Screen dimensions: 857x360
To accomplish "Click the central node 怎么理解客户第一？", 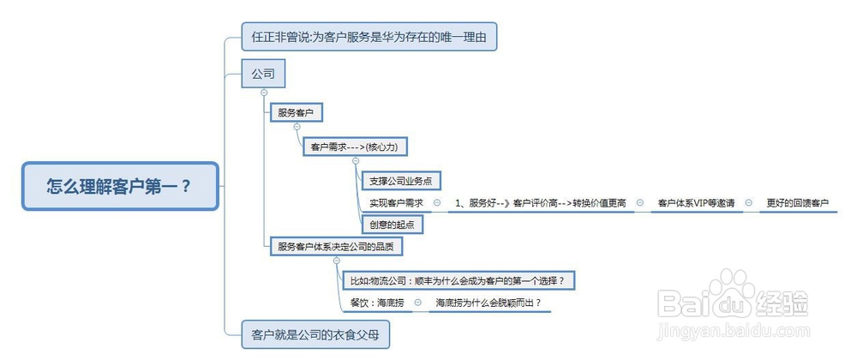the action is [120, 186].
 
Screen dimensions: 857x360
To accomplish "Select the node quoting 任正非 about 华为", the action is [369, 37].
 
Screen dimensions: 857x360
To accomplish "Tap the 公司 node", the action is [263, 73].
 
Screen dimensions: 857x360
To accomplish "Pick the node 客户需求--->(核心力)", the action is [356, 147].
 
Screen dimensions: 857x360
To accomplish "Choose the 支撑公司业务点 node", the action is [401, 180].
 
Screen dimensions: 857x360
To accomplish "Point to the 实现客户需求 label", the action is [396, 202].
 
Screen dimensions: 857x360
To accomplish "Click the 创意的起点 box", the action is [393, 224].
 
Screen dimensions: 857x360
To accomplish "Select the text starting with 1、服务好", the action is [540, 202].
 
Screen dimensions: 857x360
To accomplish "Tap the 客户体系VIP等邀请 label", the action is [696, 202].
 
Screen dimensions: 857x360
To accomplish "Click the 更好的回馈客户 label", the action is [797, 202].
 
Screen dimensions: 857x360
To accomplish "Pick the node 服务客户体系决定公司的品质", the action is [336, 246].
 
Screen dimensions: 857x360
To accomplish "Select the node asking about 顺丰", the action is [460, 281].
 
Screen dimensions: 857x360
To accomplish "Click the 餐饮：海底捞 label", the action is [377, 302].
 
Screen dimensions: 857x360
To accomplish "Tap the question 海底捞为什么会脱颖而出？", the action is [488, 302].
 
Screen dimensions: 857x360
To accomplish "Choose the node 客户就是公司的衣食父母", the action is [315, 334].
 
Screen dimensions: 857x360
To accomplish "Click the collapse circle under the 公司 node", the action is [264, 93].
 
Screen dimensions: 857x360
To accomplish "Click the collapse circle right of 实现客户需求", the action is [437, 202].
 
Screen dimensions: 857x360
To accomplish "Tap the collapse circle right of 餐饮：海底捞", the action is [418, 302].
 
